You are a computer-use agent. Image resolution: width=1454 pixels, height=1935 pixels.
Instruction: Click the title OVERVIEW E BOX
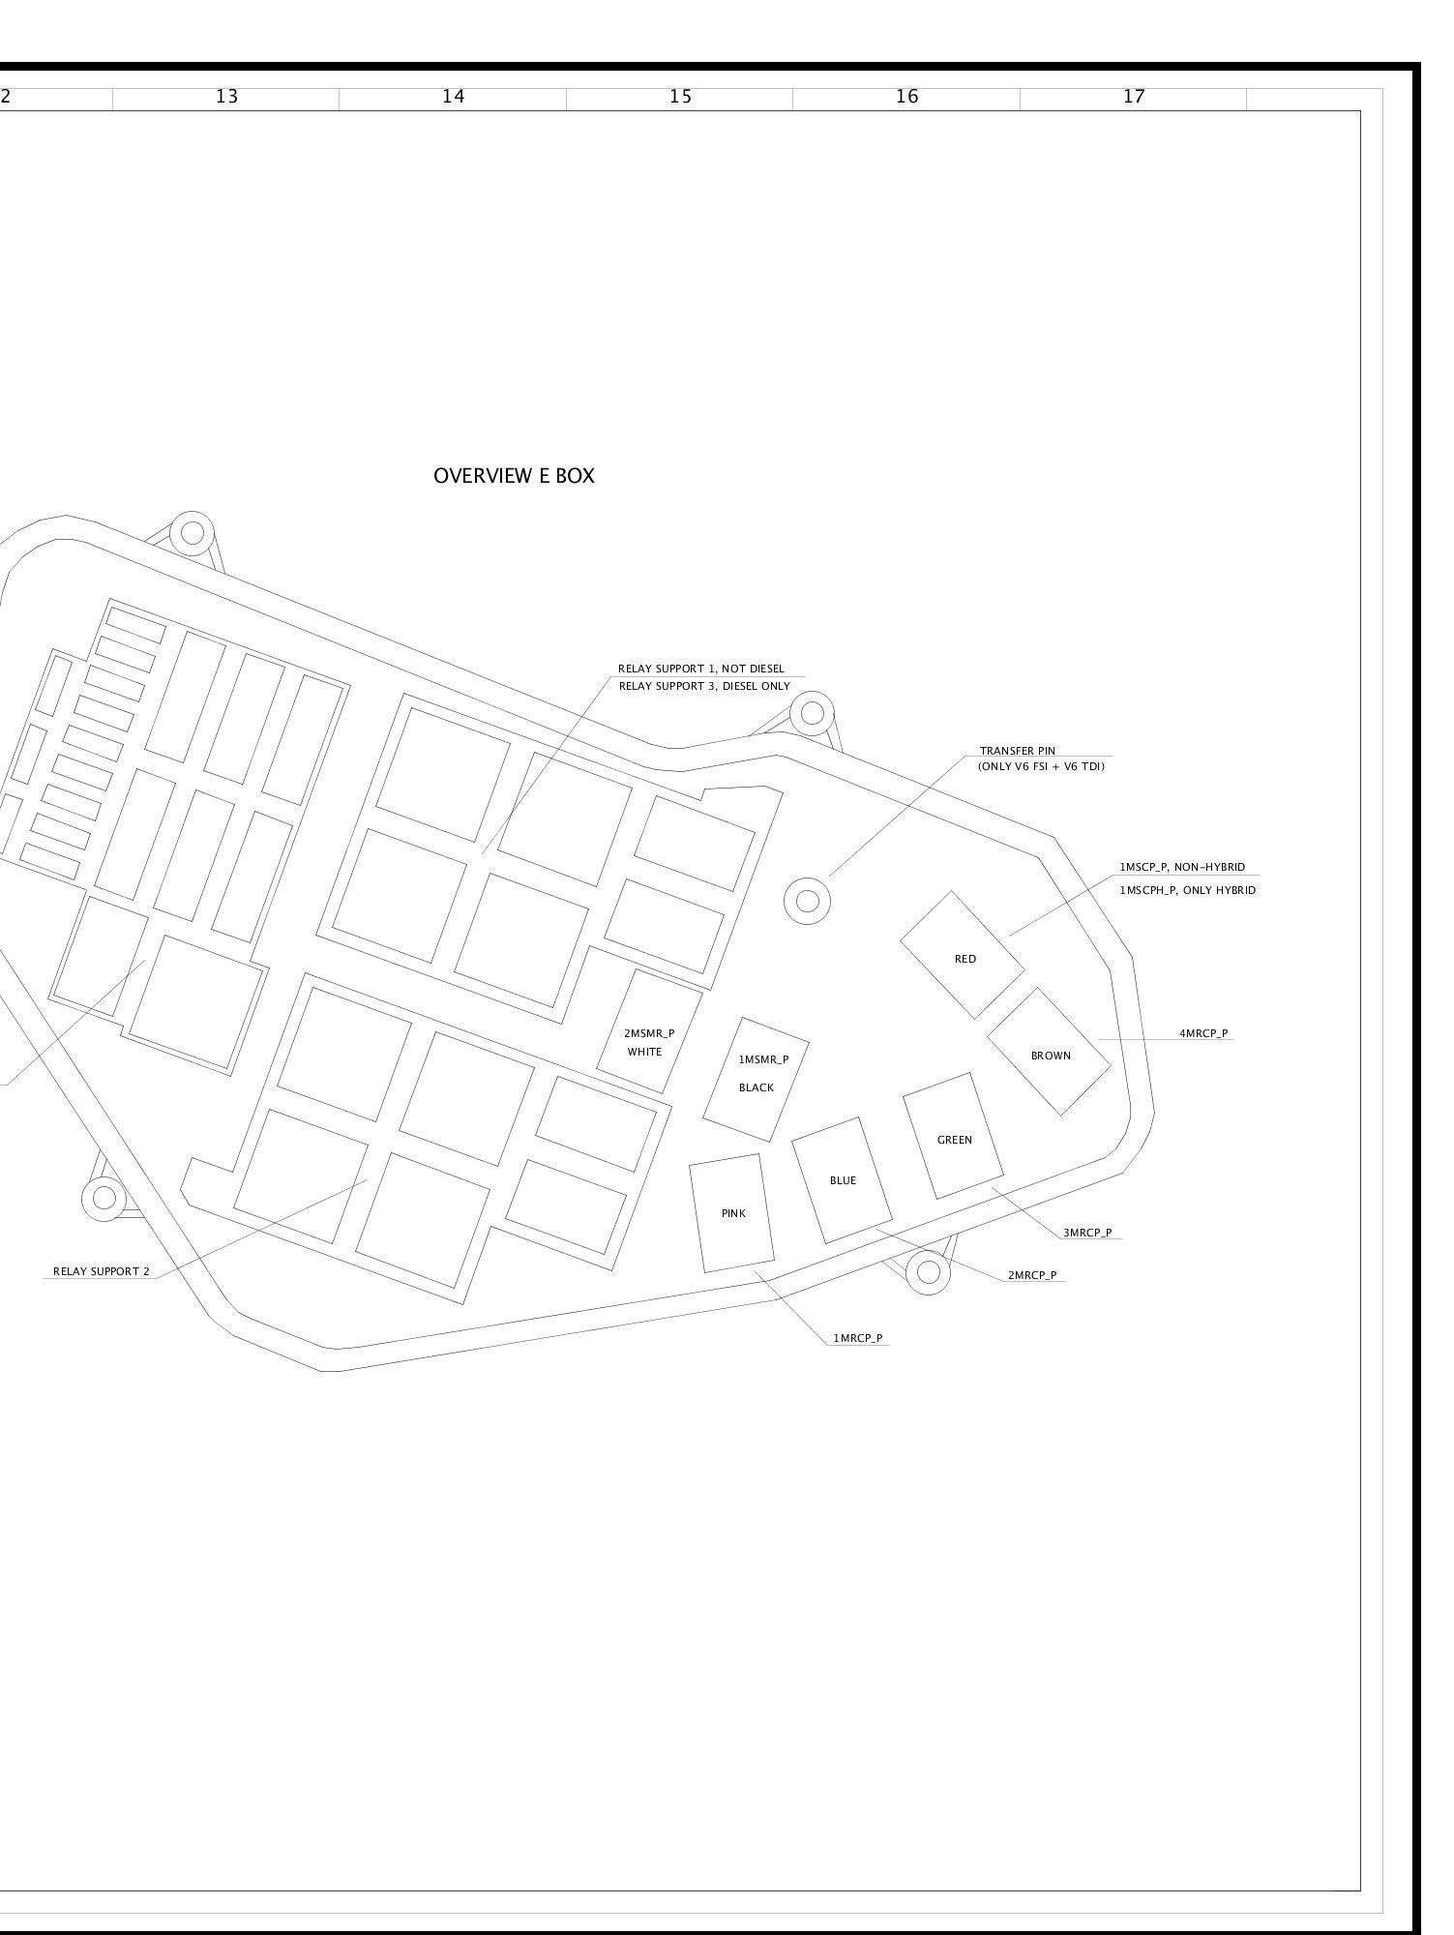click(x=514, y=476)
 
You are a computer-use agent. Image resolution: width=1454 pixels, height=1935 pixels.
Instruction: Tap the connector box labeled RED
click(x=963, y=955)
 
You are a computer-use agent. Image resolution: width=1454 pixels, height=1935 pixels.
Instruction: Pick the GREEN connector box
click(x=953, y=1136)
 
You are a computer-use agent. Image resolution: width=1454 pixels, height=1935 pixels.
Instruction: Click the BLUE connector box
click(x=843, y=1180)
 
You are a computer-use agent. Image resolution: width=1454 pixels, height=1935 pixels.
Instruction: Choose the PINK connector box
click(x=732, y=1213)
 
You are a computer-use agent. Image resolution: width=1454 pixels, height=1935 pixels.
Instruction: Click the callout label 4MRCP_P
click(x=1203, y=1034)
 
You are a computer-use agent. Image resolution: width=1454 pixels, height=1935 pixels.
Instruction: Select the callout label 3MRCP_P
click(x=1087, y=1233)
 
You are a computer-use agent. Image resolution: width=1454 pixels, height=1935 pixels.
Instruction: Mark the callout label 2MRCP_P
click(x=1032, y=1275)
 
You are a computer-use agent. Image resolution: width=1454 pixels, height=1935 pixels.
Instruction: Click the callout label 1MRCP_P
click(x=858, y=1339)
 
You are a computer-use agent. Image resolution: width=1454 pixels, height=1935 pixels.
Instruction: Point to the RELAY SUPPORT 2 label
click(x=102, y=1271)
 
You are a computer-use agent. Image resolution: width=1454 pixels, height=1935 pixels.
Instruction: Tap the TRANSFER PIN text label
click(x=1018, y=751)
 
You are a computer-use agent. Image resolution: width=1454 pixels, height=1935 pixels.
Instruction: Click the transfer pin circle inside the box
click(x=807, y=901)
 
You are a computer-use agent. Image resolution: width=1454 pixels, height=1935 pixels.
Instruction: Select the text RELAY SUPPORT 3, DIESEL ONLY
click(x=704, y=687)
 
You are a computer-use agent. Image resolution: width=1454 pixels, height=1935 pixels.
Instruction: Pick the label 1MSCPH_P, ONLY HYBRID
click(x=1188, y=890)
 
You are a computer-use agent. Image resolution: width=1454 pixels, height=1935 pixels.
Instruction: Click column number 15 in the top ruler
click(x=680, y=97)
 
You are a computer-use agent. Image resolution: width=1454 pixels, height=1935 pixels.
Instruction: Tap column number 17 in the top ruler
click(x=1134, y=97)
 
